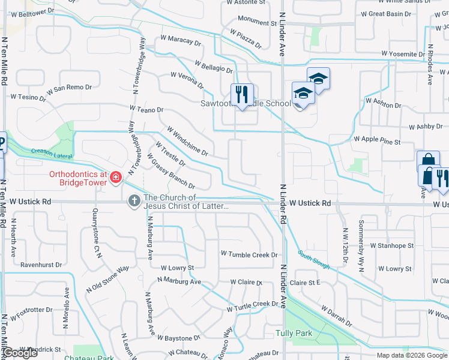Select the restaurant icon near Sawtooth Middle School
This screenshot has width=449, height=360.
coord(243,94)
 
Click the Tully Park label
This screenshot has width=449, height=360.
coord(294,332)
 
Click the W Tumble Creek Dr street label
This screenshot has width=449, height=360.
coord(249,255)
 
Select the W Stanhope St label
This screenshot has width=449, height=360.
coord(391,245)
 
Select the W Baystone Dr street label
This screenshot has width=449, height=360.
coord(179,338)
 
